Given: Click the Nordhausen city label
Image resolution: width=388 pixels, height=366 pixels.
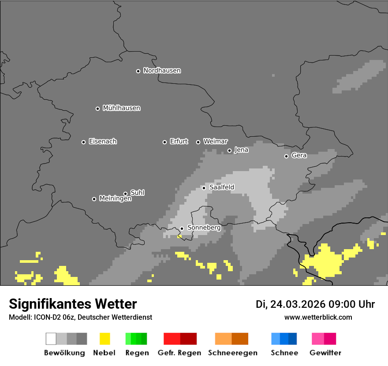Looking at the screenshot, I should coord(162,71).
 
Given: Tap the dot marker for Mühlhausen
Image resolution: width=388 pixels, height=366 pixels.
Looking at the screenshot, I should coord(97,108).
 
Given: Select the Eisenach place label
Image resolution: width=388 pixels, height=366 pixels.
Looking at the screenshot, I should coord(103,142).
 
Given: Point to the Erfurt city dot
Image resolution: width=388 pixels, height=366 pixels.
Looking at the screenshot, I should coord(164,142).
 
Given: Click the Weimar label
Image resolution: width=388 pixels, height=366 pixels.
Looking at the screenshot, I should coord(215,142).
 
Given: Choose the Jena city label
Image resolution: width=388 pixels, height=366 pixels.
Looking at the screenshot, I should coord(241,150).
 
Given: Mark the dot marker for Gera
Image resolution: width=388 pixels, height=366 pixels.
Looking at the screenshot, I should coord(286,156).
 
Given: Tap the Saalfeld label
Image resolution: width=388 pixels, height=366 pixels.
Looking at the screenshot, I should coord(221,187).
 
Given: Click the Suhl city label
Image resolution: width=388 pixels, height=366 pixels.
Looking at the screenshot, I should coord(137,193).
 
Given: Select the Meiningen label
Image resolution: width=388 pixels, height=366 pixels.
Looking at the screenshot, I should coord(115,199).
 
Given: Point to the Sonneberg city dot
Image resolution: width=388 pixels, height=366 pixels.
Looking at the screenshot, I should coord(182,228).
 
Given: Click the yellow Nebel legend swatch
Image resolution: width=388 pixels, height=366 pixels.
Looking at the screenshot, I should coord(104,339).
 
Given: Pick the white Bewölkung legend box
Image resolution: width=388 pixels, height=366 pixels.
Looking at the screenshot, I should coord(51,339).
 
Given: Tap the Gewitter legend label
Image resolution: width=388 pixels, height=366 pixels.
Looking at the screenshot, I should coord(325,353).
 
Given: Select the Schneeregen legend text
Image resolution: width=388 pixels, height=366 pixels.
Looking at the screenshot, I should coord(232,353).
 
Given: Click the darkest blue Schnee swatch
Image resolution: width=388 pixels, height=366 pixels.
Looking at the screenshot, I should coord(293,339).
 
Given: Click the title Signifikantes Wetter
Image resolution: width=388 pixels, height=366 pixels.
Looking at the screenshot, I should coord(73,304).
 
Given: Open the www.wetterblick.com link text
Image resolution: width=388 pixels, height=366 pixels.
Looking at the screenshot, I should coord(318,317).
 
